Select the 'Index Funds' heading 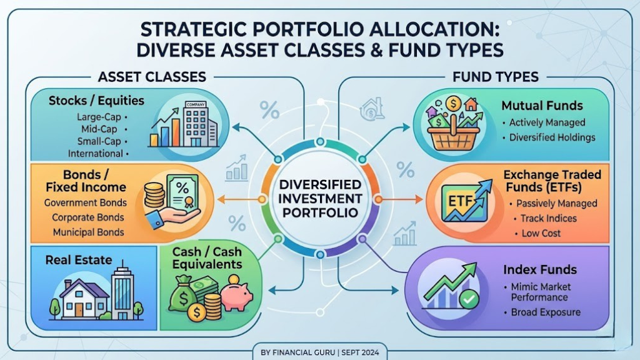click(x=540, y=270)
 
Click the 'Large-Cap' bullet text click(x=99, y=117)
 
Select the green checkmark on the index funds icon click(x=469, y=300)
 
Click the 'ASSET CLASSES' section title click(x=152, y=77)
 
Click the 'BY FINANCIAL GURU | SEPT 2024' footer click(x=320, y=352)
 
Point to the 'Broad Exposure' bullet click(x=544, y=312)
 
